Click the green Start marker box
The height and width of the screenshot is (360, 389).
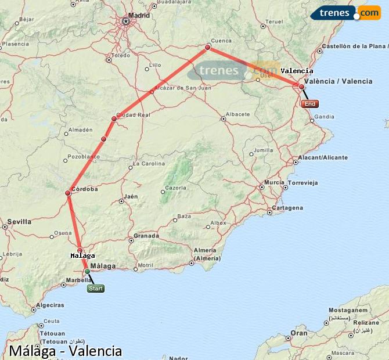coord(96,288)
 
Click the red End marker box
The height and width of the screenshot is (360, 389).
coord(310,104)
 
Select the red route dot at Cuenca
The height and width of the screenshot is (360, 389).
coord(207,48)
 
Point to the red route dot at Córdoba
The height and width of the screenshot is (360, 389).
coord(68,193)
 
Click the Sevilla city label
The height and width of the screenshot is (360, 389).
coord(19,222)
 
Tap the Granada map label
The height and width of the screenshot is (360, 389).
coord(146,236)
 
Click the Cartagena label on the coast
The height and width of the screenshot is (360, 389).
coord(287,208)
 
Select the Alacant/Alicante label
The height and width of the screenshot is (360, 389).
coord(322,157)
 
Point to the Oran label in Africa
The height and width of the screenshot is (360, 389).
coord(299,333)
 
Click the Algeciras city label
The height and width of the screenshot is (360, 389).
coord(50,305)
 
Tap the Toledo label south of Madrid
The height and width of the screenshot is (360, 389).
coord(121,56)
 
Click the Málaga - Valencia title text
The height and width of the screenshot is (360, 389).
coord(65,351)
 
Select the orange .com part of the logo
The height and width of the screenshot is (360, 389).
coord(368,12)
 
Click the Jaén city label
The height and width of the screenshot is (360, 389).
coord(131,196)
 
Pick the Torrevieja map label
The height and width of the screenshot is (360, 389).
coord(303,182)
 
